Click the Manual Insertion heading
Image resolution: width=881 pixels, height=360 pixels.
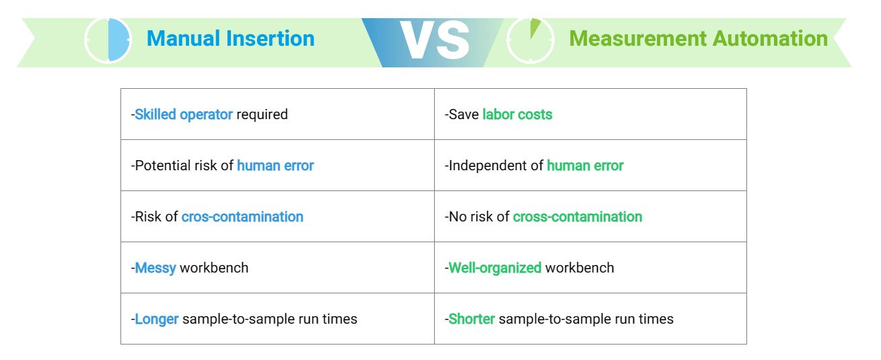point(230,38)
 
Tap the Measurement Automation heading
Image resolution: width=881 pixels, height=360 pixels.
point(698,38)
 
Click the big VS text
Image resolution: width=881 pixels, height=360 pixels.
point(435,40)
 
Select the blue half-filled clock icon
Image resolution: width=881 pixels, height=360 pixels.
point(108,40)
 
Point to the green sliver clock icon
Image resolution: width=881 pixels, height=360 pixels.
point(530,40)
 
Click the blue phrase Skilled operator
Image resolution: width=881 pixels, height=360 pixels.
point(184,114)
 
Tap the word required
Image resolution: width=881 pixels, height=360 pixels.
point(262,115)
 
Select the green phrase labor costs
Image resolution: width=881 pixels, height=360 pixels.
point(517,114)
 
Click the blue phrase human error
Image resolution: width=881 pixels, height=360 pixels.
point(275,166)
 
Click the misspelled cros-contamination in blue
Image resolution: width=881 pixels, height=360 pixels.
point(242,217)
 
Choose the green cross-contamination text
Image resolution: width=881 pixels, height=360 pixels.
point(577,217)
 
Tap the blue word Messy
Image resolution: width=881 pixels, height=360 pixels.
point(155,268)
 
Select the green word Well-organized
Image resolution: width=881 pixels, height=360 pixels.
point(495,268)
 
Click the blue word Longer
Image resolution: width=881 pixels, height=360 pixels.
point(157,319)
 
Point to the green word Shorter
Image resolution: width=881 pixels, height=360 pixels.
point(472,319)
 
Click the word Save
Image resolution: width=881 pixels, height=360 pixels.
point(464,114)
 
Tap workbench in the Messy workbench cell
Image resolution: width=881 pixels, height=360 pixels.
point(214,268)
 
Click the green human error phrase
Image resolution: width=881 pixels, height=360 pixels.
point(586,166)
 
